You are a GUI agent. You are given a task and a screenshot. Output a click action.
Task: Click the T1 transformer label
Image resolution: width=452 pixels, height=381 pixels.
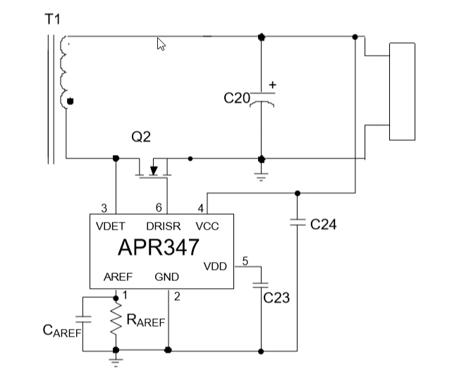click(x=53, y=20)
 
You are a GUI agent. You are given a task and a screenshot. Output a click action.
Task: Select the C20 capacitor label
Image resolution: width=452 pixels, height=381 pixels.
click(x=236, y=99)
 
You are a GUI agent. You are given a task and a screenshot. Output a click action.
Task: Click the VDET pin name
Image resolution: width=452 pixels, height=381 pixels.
click(x=111, y=226)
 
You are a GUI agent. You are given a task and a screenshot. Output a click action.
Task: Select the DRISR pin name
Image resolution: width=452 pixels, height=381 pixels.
click(x=163, y=226)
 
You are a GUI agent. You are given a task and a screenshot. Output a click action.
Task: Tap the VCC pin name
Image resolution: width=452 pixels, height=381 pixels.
click(x=207, y=226)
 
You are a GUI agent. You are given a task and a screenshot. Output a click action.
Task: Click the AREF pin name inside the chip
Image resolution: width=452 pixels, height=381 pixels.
click(x=117, y=277)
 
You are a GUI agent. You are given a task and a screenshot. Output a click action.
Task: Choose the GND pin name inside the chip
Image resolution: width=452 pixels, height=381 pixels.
click(x=166, y=277)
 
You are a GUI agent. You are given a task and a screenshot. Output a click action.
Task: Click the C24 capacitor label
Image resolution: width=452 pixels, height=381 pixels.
click(x=324, y=225)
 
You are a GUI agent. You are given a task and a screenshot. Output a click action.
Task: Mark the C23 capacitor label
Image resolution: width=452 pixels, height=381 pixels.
click(x=276, y=298)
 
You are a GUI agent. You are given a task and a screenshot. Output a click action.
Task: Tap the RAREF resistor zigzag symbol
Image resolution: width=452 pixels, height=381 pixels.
click(x=116, y=321)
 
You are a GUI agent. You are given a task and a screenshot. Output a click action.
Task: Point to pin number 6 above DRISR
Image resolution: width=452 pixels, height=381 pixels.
click(x=159, y=208)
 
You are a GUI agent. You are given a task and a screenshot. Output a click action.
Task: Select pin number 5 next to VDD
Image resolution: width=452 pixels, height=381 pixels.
click(x=245, y=261)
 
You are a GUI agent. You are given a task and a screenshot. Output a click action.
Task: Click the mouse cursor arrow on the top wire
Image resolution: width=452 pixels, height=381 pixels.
click(x=161, y=44)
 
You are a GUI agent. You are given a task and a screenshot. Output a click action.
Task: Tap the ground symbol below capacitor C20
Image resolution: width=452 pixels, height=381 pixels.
click(x=262, y=175)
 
